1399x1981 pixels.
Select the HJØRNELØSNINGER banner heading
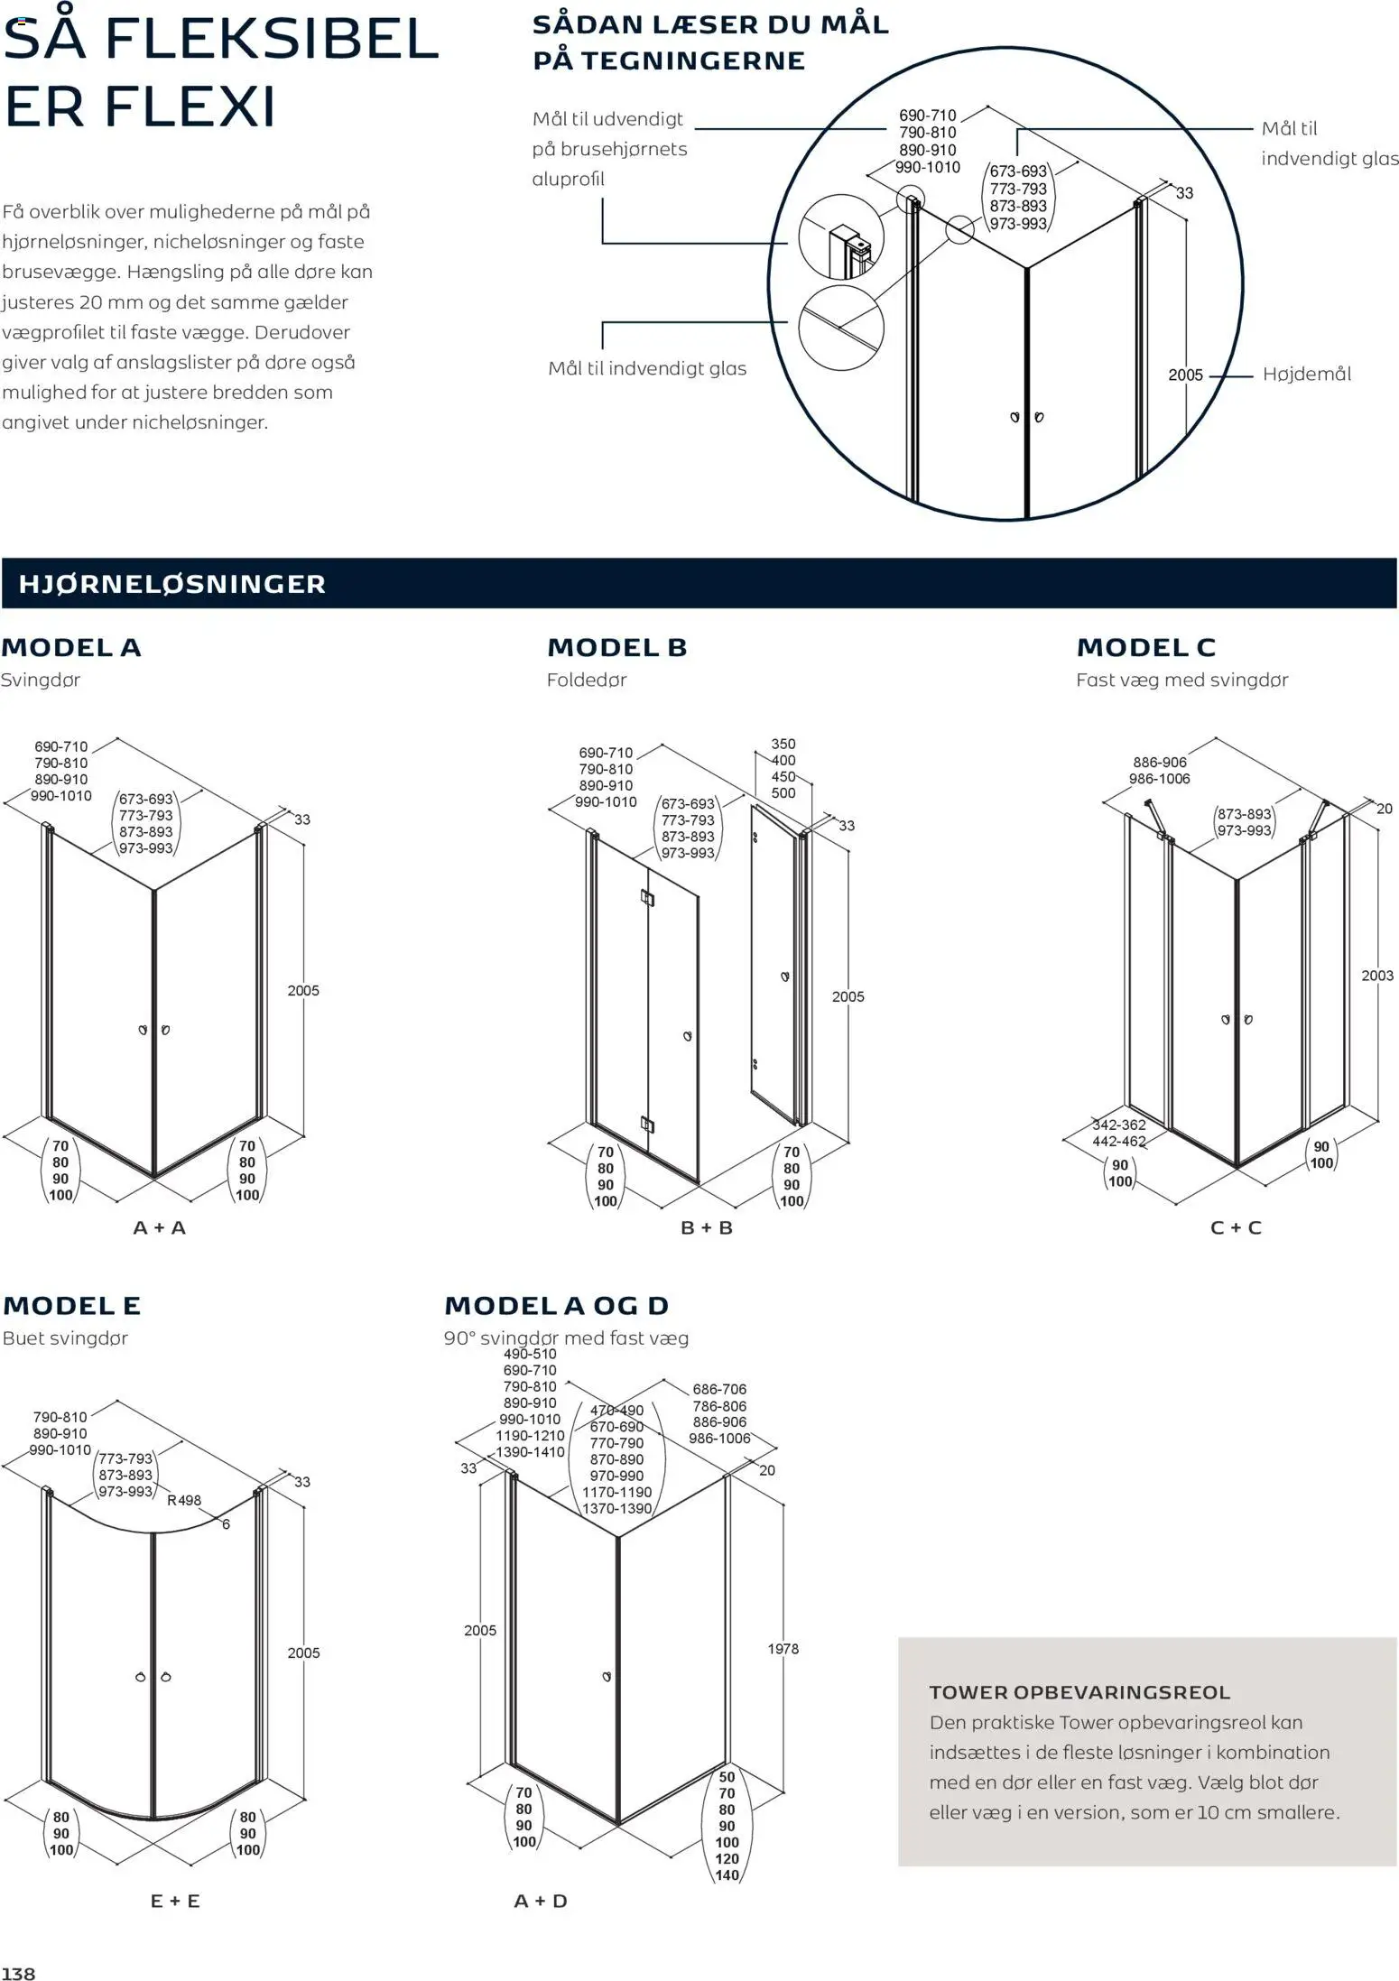point(171,584)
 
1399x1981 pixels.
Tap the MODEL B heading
point(616,647)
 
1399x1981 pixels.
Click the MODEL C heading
point(1145,647)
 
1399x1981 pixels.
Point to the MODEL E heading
point(71,1305)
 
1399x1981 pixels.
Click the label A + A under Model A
point(160,1227)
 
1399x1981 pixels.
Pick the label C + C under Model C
point(1235,1227)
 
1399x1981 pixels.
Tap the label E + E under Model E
point(175,1901)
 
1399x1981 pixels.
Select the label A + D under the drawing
point(541,1901)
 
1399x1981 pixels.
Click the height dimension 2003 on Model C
point(1377,976)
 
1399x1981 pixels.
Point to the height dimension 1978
point(783,1649)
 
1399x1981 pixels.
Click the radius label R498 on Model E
point(184,1500)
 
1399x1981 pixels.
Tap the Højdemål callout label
point(1306,375)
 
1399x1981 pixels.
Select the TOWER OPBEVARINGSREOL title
point(1079,1693)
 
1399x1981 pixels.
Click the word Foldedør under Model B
point(586,680)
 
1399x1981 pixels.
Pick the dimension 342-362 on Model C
point(1118,1125)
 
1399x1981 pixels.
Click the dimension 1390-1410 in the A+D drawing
point(530,1452)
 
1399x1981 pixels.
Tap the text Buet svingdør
point(65,1338)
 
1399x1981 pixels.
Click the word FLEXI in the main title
point(189,106)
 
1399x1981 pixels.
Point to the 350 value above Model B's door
point(783,744)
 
